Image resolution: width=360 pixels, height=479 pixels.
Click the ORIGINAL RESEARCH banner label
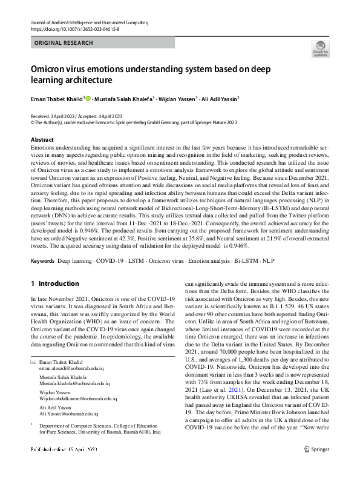tap(64, 44)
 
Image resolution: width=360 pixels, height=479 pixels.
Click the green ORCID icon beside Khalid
tap(88, 98)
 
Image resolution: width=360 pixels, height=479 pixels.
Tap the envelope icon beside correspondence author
tap(33, 362)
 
